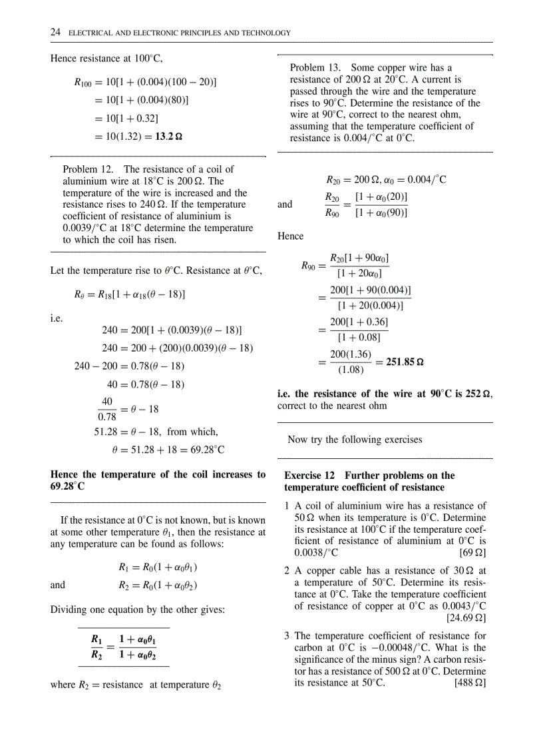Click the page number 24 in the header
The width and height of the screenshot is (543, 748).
point(56,33)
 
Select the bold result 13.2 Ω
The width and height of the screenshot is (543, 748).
point(169,137)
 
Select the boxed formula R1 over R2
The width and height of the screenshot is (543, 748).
point(124,647)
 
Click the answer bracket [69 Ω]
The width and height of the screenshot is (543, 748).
point(472,552)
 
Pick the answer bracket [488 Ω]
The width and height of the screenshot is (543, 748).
point(470,683)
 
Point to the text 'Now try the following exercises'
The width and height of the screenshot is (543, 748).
point(355,440)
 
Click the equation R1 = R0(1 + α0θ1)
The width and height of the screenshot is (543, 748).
point(158,568)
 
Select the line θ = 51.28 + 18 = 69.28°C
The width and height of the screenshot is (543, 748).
point(168,450)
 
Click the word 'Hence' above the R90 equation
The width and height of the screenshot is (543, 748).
point(290,236)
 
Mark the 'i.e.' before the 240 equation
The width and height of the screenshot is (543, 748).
point(57,318)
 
